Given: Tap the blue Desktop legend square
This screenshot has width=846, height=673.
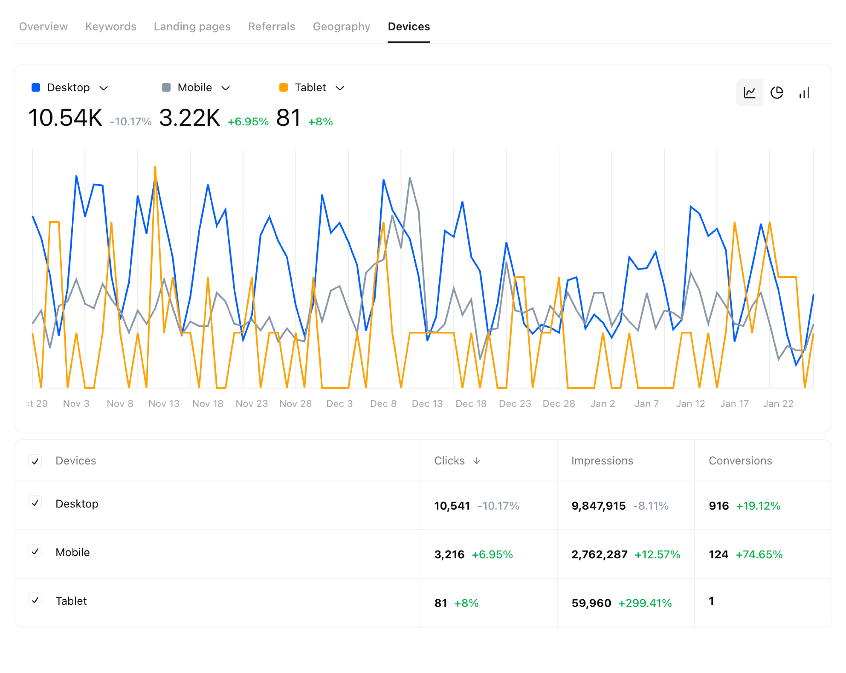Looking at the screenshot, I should pos(36,88).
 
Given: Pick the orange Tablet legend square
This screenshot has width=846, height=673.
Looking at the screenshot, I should pos(283,88).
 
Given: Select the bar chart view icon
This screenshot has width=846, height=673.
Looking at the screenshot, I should pos(804,93).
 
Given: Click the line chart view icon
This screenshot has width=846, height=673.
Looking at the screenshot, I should pos(749,93).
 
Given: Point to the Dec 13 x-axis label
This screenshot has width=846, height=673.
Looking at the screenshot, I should pos(427,403).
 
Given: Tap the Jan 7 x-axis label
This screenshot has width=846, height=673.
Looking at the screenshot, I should pos(646,403).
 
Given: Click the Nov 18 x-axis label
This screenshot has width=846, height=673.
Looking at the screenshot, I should pos(208,403).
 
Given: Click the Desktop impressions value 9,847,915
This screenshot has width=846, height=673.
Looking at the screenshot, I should pos(598,506).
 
